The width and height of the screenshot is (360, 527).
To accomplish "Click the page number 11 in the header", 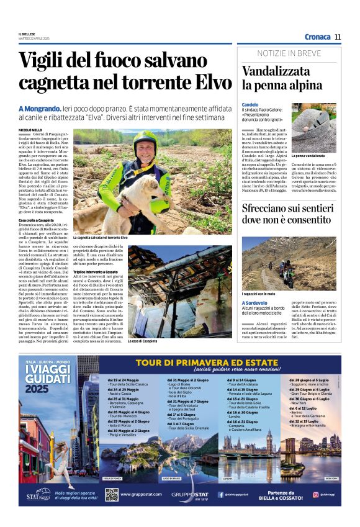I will [x=338, y=37].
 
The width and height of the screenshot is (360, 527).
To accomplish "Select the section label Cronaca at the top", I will [x=317, y=37].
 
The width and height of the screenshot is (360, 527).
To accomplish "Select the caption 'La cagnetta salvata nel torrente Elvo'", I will [x=100, y=238].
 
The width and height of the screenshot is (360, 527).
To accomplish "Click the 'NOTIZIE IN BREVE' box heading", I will [x=288, y=54].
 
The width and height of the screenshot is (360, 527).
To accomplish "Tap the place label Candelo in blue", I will [x=250, y=104].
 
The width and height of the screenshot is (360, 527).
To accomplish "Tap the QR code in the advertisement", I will [x=112, y=494].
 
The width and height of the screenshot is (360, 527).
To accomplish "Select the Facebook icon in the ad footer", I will [x=220, y=495].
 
